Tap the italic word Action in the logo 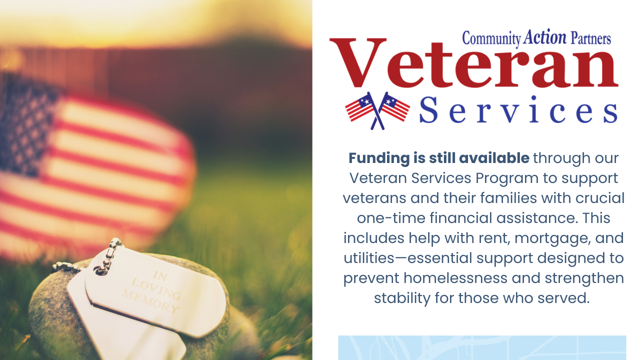[545, 37]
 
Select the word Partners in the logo [590, 38]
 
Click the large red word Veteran [473, 65]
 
